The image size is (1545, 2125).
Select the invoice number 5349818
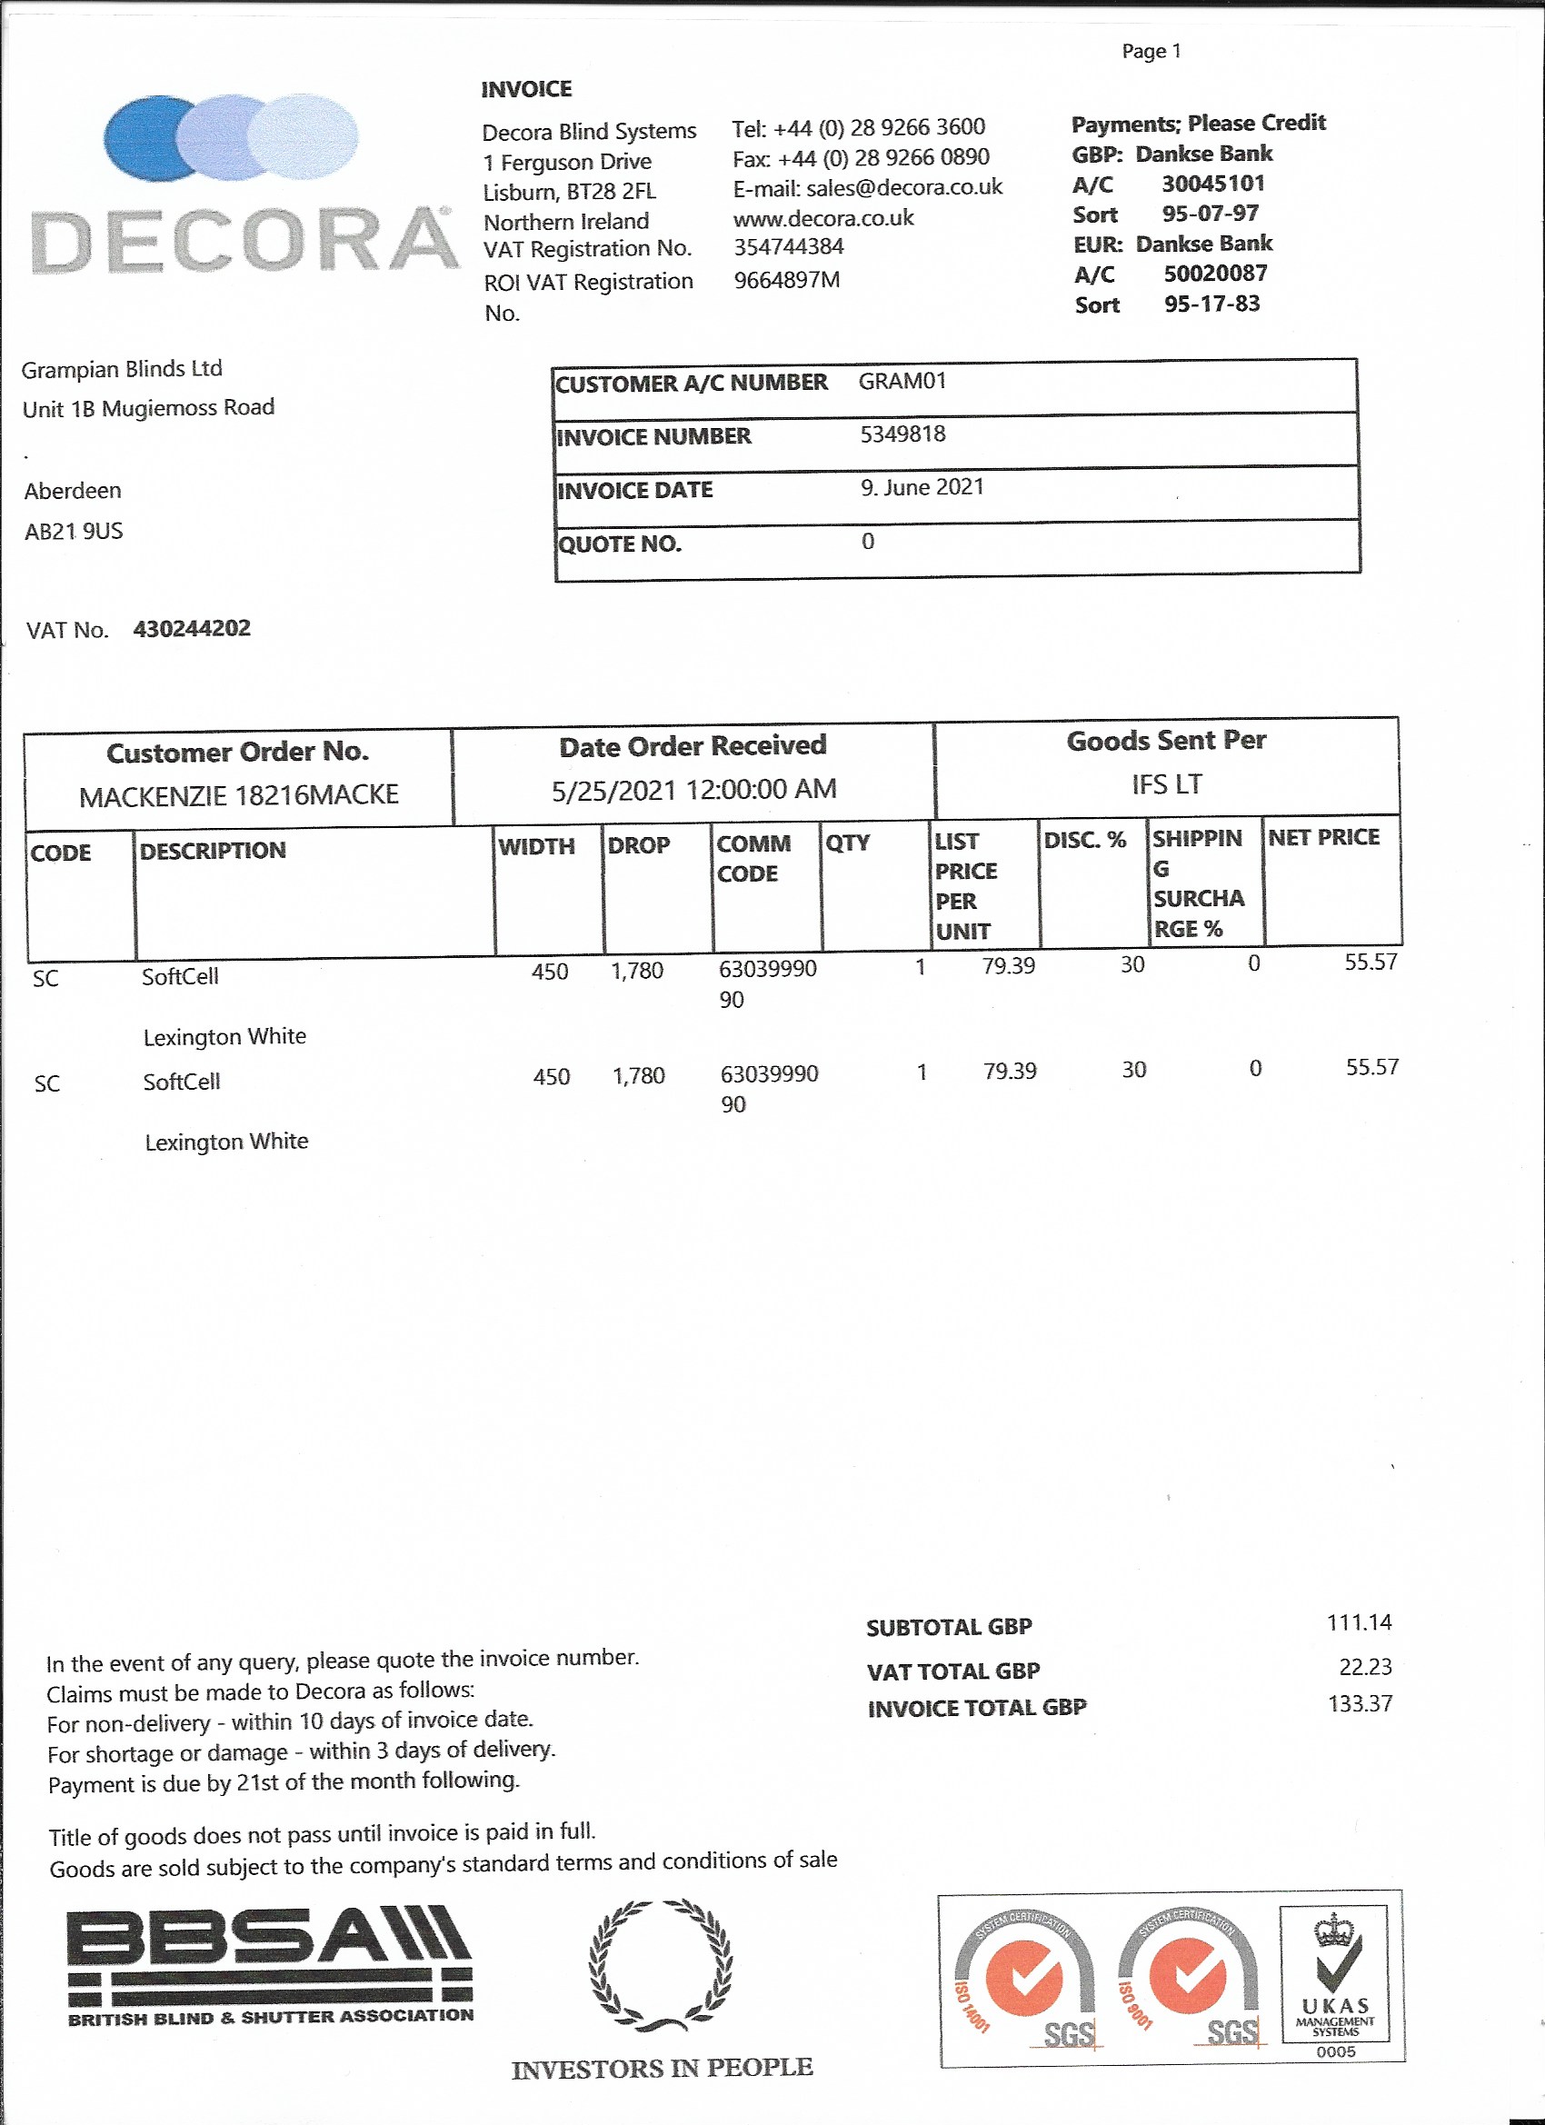[x=902, y=434]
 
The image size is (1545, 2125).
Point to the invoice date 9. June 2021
[x=922, y=487]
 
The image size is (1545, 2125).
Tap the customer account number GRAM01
[x=902, y=382]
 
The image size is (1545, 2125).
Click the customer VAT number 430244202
[x=192, y=628]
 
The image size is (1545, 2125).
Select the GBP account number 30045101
[x=1213, y=183]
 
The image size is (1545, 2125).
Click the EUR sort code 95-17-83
[x=1211, y=304]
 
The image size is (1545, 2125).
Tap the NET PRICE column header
[x=1323, y=838]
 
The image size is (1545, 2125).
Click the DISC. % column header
[x=1085, y=840]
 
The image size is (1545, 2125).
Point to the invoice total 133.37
[x=1360, y=1703]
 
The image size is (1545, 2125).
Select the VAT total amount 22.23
[x=1365, y=1666]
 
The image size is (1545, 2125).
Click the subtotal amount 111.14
[x=1359, y=1621]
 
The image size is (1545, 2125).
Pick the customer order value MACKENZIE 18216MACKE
[x=239, y=795]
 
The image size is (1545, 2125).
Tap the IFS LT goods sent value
[x=1167, y=784]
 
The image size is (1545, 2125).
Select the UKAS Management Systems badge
[x=1335, y=1977]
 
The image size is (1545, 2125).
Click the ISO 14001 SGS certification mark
[x=1024, y=1981]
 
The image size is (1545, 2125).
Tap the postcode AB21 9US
[x=74, y=531]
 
